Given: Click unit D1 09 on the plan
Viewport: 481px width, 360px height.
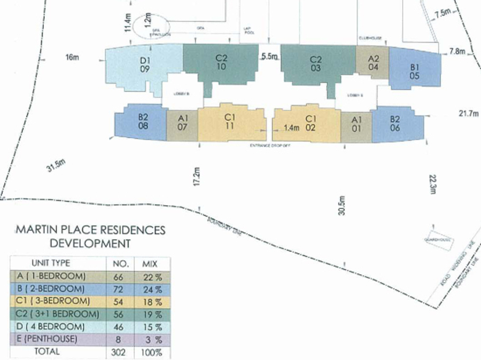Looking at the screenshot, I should click(144, 65).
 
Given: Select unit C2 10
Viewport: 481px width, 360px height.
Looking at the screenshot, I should click(221, 63).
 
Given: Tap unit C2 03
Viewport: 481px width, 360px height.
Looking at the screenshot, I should click(316, 63).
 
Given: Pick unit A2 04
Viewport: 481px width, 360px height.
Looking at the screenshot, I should click(373, 62).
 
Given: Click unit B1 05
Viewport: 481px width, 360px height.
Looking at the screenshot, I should click(414, 72).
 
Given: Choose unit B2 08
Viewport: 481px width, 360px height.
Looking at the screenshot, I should click(143, 122).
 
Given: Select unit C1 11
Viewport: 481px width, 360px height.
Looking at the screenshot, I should click(230, 122).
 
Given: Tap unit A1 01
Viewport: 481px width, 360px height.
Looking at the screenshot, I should click(356, 124).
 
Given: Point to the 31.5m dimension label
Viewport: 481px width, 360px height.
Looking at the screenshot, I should click(56, 166).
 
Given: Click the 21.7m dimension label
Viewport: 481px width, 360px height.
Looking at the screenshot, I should click(469, 113).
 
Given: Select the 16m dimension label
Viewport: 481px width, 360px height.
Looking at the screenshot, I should click(72, 58).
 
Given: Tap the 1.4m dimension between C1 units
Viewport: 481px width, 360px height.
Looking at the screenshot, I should click(291, 128).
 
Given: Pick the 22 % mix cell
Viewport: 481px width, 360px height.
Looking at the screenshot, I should click(156, 277).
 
